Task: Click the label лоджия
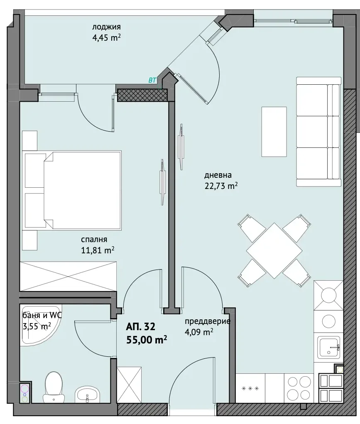(106, 27)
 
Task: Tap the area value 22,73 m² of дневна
(221, 186)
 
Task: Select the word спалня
(94, 240)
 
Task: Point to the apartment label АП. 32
(141, 327)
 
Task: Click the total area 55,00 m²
(147, 340)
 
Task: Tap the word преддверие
(208, 321)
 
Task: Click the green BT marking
(152, 80)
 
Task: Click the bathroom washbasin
(87, 394)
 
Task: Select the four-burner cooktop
(299, 388)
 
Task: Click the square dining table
(274, 250)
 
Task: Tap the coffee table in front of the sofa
(274, 132)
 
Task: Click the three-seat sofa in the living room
(318, 132)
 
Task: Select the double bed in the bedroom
(73, 190)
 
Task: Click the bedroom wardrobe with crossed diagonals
(68, 276)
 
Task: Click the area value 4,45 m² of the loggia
(106, 37)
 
